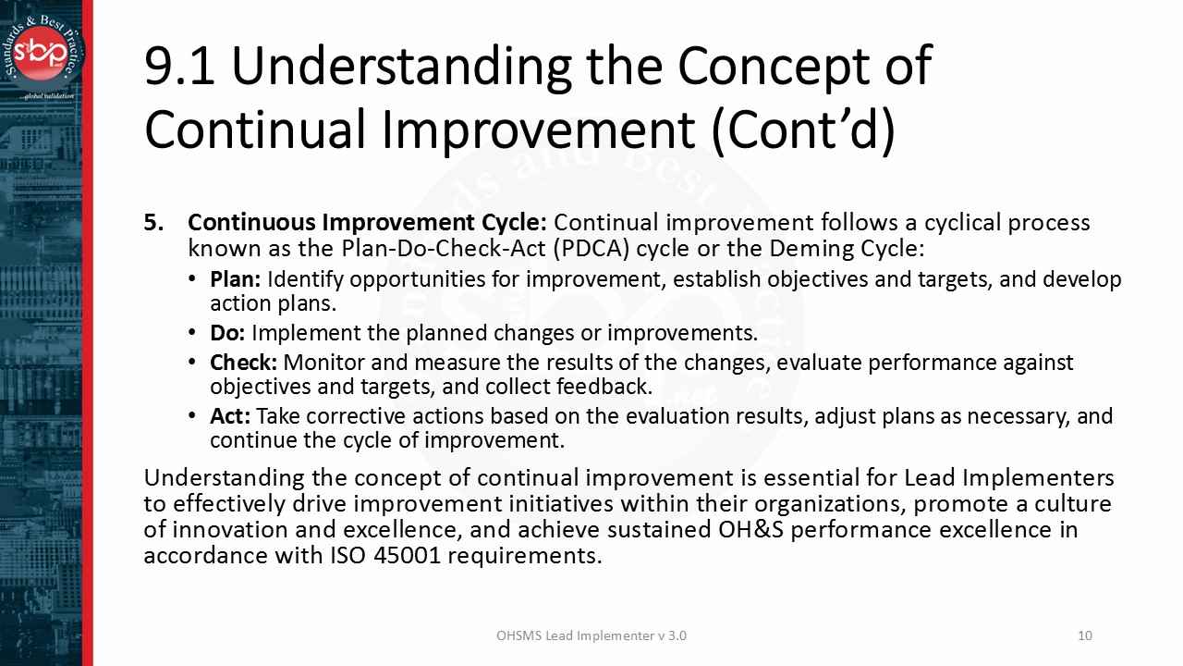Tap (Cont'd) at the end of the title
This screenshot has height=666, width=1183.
click(x=803, y=129)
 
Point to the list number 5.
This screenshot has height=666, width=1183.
click(x=153, y=223)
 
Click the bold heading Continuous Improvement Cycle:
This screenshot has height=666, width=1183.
click(x=367, y=223)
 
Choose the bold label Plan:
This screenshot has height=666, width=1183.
click(x=236, y=279)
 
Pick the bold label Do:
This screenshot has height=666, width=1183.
click(x=227, y=333)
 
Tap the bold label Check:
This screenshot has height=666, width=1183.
click(x=243, y=363)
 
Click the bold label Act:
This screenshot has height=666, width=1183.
click(x=230, y=416)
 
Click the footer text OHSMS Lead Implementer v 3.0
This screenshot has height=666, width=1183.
click(x=591, y=635)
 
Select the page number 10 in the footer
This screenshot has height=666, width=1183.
click(x=1085, y=635)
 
